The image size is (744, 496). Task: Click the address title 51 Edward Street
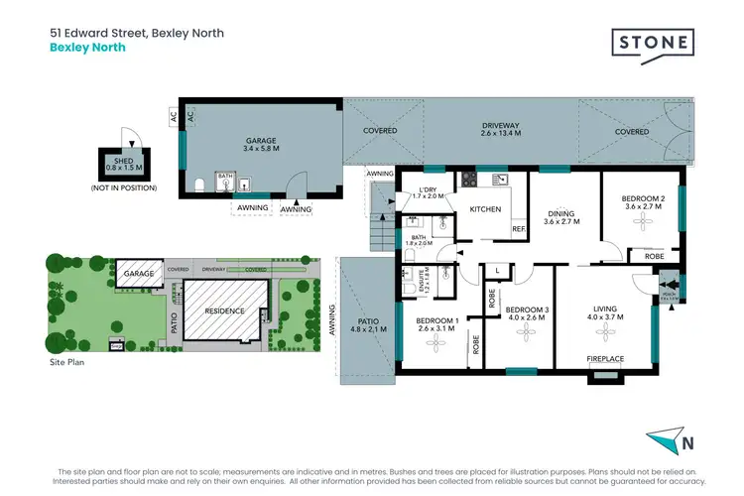tap(137, 33)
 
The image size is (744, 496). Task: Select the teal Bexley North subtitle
tap(87, 47)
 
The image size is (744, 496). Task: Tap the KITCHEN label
tap(485, 210)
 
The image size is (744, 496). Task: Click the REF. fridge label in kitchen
tap(518, 230)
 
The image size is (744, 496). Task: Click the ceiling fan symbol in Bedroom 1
tap(434, 342)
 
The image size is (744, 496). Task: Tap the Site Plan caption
tap(67, 364)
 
